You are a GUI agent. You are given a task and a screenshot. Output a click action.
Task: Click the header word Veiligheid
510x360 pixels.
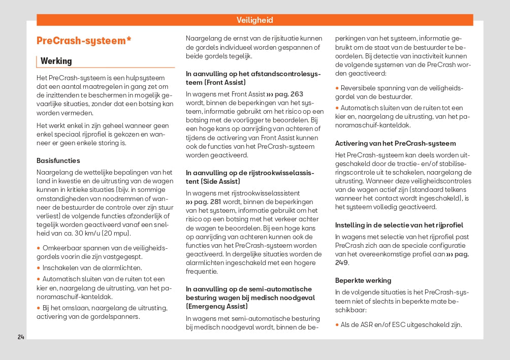point(254,20)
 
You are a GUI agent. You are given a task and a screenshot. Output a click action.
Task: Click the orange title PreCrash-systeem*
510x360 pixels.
point(84,41)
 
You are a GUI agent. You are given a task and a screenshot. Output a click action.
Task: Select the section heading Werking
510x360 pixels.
point(56,61)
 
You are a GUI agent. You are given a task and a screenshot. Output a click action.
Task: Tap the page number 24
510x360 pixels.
point(21,337)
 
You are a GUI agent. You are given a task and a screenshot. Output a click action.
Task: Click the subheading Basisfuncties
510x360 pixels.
point(58,160)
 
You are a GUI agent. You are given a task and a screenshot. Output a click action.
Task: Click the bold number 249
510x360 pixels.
point(341,263)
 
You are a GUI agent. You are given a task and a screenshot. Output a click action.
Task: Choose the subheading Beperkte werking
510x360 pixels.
point(363,280)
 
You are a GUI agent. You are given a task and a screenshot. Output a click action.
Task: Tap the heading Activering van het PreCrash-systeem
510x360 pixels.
point(395,143)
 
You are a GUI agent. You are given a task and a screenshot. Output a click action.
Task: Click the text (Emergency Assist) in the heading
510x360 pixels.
point(217,306)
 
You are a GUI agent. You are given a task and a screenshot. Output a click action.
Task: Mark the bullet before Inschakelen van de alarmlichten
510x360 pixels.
point(38,268)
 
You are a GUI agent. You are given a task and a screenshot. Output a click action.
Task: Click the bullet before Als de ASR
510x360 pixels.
point(337,325)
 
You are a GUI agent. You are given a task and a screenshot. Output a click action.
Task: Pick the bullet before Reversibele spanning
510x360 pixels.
point(337,88)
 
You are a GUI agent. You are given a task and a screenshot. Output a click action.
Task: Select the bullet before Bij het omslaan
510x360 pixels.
point(38,308)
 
